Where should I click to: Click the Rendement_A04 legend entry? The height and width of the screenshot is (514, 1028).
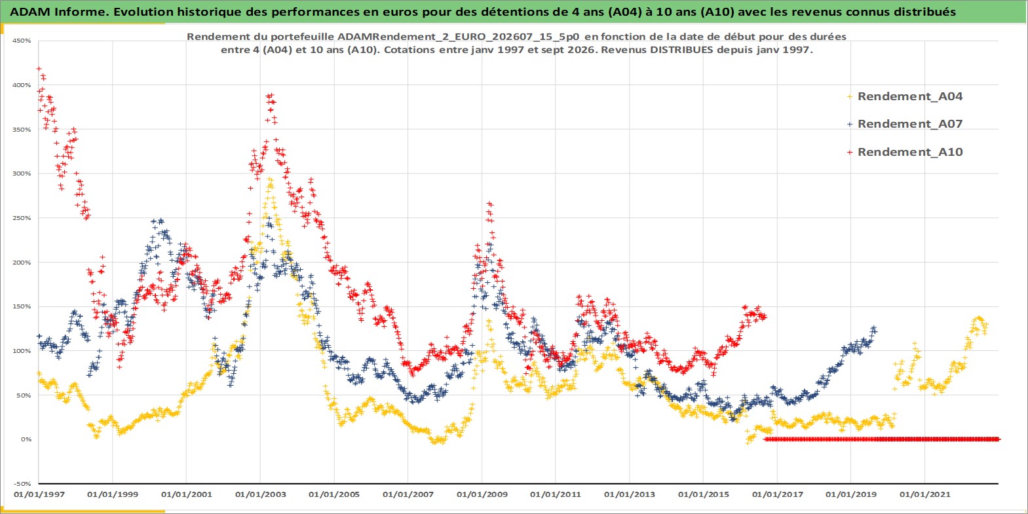click(905, 96)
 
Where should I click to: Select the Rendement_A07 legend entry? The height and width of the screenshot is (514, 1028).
click(905, 124)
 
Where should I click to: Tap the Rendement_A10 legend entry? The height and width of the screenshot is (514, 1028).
click(905, 152)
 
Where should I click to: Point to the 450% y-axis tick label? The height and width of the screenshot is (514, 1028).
click(22, 41)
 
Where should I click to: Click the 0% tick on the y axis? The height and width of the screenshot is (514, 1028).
click(26, 439)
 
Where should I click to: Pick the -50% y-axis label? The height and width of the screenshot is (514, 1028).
click(23, 484)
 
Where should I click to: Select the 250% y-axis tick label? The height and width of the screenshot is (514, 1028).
click(22, 218)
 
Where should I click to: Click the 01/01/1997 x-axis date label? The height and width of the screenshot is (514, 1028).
click(39, 494)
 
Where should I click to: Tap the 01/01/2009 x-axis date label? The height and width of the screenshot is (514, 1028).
click(482, 494)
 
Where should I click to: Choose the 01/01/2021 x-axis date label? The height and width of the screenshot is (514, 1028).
click(924, 494)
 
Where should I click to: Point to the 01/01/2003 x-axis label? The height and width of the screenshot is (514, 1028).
click(261, 494)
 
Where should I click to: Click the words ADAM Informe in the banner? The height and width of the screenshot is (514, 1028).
click(57, 12)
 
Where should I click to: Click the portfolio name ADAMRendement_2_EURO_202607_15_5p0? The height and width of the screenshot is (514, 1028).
click(459, 37)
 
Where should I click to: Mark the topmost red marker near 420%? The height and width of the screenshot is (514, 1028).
click(39, 69)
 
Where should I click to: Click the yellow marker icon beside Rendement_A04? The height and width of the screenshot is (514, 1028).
click(850, 97)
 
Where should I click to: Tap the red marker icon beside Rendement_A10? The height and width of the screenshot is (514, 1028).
click(850, 152)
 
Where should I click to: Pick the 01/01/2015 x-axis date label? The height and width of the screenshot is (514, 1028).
click(704, 494)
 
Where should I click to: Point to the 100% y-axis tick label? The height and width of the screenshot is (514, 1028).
click(22, 351)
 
